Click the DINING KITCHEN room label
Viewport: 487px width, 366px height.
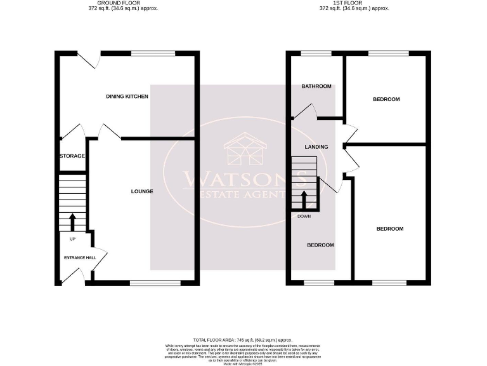[x=127, y=97]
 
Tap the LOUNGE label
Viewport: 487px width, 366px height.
[x=142, y=191]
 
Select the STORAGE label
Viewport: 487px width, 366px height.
[x=72, y=156]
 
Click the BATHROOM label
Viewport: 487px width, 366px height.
[x=316, y=86]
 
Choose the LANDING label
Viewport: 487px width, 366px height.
[x=316, y=147]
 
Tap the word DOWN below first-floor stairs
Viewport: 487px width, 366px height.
[x=304, y=217]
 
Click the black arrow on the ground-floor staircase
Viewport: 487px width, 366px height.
[x=72, y=222]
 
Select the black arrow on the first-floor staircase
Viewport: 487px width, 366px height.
[x=304, y=200]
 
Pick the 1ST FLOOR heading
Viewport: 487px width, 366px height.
[x=345, y=3]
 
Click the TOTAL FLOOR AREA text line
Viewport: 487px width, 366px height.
[x=243, y=341]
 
